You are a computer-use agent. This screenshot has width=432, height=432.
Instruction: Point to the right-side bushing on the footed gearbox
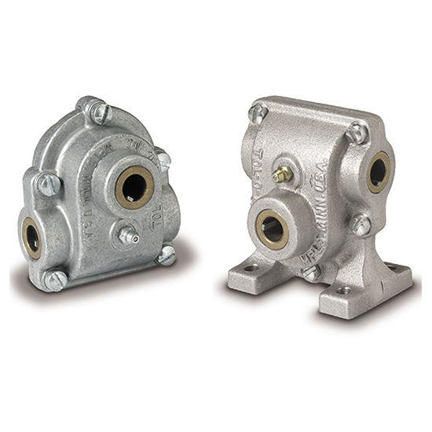pyautogui.click(x=378, y=171)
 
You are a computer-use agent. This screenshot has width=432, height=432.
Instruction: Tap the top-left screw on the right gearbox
pyautogui.click(x=258, y=113)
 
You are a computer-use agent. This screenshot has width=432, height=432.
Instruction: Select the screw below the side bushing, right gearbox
pyautogui.click(x=361, y=225)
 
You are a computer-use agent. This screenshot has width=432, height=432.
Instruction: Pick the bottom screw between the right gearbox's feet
pyautogui.click(x=311, y=273)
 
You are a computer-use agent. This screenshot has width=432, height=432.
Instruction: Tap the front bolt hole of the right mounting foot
pyautogui.click(x=344, y=290)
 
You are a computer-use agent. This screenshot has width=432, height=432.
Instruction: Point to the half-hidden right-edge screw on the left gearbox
pyautogui.click(x=163, y=159)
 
